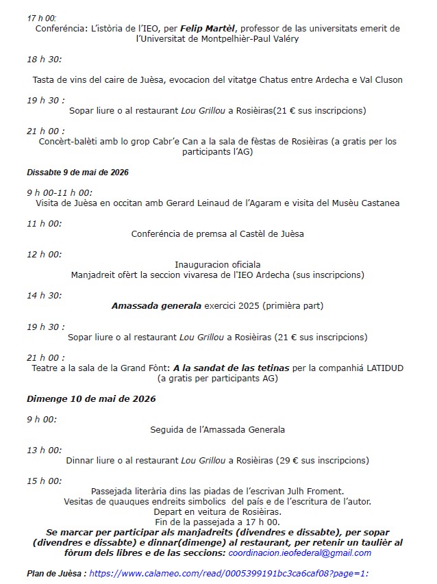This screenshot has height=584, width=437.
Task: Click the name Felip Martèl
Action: (x=209, y=29)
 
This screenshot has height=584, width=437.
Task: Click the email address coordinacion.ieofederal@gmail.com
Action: (x=299, y=553)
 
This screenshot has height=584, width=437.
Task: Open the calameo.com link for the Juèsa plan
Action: (x=229, y=573)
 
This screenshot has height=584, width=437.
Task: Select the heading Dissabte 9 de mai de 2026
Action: (x=77, y=172)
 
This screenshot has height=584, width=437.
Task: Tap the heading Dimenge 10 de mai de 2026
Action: (x=91, y=398)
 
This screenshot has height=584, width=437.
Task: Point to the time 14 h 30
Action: (x=45, y=295)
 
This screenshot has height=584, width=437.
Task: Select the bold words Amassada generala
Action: (x=156, y=306)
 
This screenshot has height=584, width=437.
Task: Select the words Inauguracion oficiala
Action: (x=218, y=264)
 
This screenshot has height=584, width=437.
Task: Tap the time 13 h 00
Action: (x=45, y=450)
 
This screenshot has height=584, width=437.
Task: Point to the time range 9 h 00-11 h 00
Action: (x=60, y=192)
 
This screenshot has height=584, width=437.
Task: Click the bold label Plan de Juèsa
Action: (x=56, y=573)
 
